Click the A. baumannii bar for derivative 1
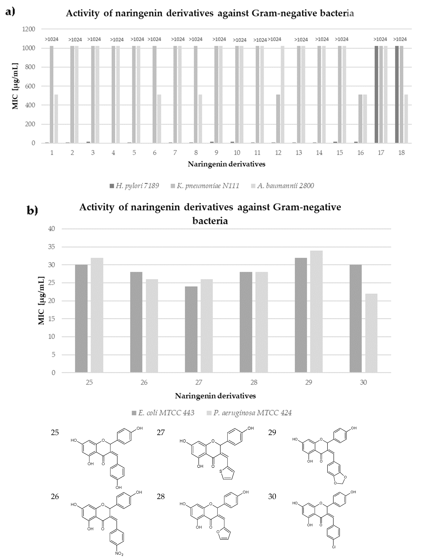pos(56,119)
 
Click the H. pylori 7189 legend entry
pos(134,186)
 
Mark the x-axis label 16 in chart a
pos(361,153)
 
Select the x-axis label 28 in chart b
pos(254,382)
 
